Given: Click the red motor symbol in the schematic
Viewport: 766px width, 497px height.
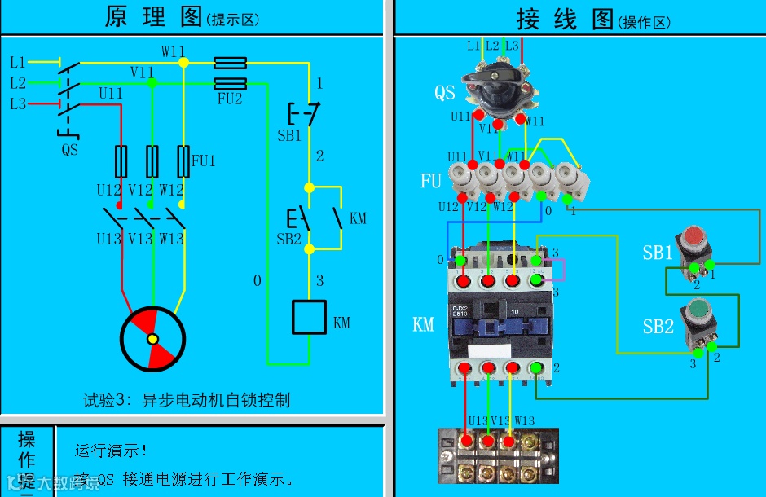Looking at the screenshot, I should [x=152, y=339].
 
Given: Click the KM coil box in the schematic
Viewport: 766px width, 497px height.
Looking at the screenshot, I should [x=310, y=317].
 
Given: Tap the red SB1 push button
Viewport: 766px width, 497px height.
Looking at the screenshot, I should [x=694, y=239].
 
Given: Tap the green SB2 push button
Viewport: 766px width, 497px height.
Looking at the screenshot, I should [x=698, y=312].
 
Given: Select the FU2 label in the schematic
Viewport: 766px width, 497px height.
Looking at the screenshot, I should [x=230, y=99].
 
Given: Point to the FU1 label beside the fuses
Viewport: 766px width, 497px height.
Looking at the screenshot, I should [x=203, y=161].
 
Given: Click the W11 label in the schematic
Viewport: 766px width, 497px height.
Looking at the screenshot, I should [x=173, y=51].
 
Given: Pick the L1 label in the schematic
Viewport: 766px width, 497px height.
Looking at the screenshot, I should [x=18, y=62].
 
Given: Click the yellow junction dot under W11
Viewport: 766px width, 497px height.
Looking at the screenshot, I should [x=183, y=62].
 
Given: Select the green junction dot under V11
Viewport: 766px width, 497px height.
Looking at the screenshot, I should [x=152, y=83].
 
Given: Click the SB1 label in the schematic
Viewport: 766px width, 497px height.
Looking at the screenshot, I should [x=288, y=136].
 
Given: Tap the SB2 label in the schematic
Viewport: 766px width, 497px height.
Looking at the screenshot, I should [x=288, y=239].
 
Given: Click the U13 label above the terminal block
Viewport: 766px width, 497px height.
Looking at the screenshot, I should [x=477, y=421].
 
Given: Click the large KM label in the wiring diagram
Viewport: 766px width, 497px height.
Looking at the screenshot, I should [x=423, y=325].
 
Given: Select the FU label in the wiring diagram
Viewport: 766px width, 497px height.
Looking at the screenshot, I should [x=430, y=181].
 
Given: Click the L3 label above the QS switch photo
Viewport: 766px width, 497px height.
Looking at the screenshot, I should [x=512, y=46].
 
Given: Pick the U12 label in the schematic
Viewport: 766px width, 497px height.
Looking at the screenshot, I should [x=108, y=190].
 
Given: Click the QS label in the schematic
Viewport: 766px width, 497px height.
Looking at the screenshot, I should [x=70, y=150].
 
